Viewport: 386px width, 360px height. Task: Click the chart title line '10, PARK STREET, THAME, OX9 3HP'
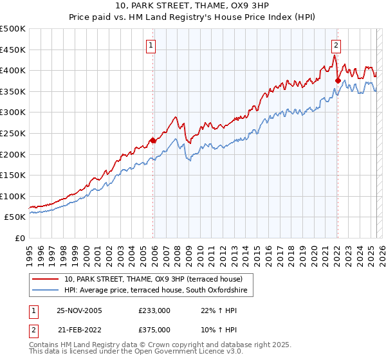[x=193, y=6]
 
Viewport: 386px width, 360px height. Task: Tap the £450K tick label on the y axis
[x=13, y=50]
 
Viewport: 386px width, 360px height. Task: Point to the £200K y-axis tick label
[x=13, y=154]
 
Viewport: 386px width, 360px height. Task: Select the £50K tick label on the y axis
[x=15, y=217]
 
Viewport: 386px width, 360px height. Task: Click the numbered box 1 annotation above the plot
[x=150, y=45]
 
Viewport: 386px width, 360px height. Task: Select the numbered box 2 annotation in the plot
[x=336, y=45]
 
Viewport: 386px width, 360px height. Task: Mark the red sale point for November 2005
[x=152, y=140]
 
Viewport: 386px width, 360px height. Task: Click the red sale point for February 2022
[x=338, y=80]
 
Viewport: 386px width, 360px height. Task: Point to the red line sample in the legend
[x=46, y=280]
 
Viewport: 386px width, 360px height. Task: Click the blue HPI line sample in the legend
[x=46, y=291]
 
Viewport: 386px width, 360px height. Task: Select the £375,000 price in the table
[x=154, y=329]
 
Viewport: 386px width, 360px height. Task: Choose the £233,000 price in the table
[x=154, y=310]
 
